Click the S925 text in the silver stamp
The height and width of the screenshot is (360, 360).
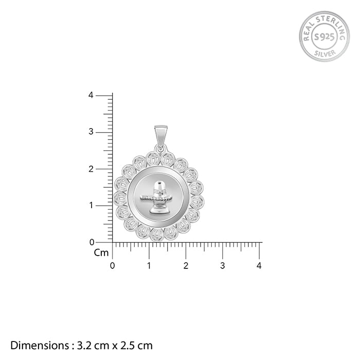point(324,37)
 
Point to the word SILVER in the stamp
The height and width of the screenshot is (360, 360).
point(325,53)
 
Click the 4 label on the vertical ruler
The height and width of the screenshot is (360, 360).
point(91,95)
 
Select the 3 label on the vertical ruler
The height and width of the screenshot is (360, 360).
point(91,132)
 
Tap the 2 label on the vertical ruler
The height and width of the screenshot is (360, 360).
point(91,169)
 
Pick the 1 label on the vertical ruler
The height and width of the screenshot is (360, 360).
point(92,205)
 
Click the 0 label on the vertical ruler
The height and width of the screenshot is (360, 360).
point(92,242)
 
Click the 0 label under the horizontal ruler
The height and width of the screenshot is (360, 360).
point(112,266)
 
